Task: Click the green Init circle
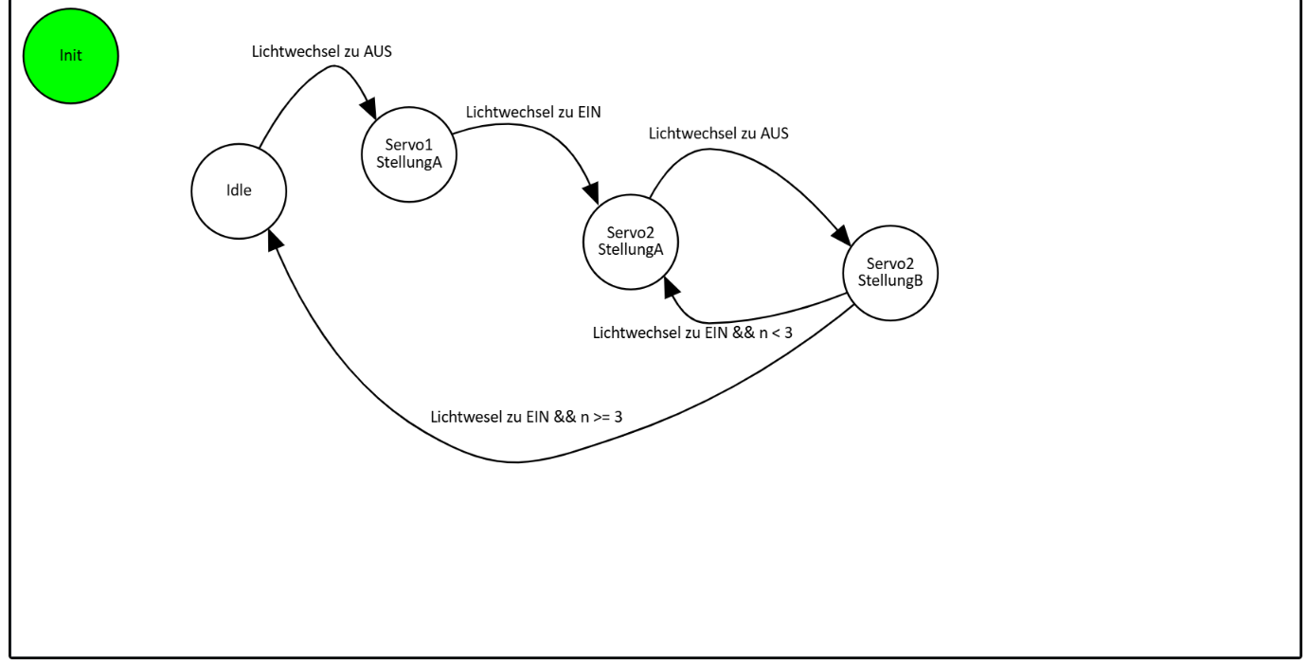(71, 55)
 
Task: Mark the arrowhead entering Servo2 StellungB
(841, 235)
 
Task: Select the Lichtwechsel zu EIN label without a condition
(535, 112)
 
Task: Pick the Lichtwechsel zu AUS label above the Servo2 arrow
(719, 134)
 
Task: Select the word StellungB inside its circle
(890, 280)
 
